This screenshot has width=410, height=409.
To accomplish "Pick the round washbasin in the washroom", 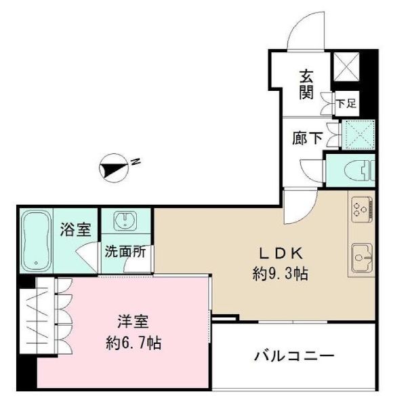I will tap(126, 222).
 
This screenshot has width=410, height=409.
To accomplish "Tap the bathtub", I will tap(34, 241).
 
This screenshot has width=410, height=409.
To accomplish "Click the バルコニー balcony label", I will tap(294, 355).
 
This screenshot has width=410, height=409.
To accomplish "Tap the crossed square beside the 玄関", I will tap(346, 66).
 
